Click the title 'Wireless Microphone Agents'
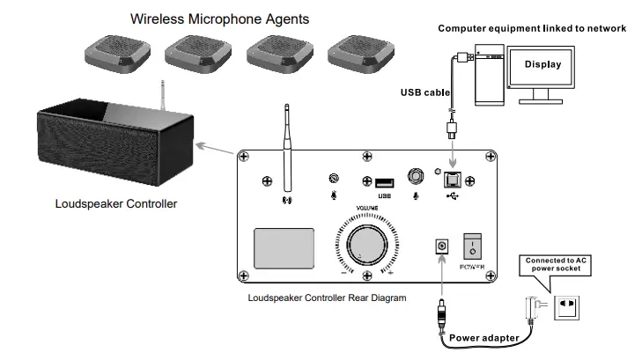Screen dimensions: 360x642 [x=219, y=18]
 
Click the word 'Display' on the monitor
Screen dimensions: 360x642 [x=542, y=64]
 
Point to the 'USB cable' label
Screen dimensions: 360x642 [x=425, y=92]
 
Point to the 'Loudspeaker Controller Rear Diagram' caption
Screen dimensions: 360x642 [x=327, y=298]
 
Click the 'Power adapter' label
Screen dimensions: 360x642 [x=483, y=337]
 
